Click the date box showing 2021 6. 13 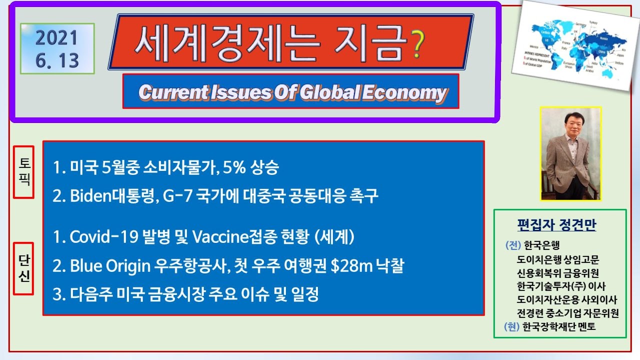pos(57,49)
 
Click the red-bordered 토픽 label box pos(23,172)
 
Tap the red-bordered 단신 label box pos(23,268)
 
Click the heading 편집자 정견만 pos(556,225)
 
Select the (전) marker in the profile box pos(513,245)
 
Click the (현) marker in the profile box pos(512,327)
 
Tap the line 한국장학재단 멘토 pos(558,327)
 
